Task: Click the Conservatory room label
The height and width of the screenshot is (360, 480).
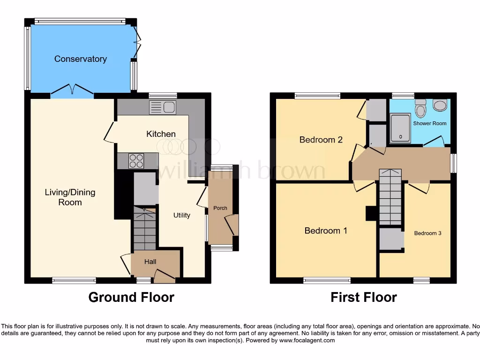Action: tap(80, 59)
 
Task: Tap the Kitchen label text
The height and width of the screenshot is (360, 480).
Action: tap(161, 134)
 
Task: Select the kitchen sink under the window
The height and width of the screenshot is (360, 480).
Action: tap(161, 108)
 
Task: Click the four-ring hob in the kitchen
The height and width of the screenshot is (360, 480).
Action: tap(136, 161)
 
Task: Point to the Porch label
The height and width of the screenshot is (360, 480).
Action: tap(220, 208)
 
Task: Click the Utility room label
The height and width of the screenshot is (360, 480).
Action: tap(182, 215)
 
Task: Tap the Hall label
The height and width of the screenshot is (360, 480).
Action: tap(150, 262)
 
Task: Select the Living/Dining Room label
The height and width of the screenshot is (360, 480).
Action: tap(70, 197)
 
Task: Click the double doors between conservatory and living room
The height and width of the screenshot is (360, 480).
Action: tap(73, 90)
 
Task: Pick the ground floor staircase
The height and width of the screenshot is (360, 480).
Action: tap(144, 230)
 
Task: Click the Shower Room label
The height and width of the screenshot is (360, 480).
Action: tap(429, 123)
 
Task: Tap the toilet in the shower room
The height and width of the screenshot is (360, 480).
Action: tap(420, 110)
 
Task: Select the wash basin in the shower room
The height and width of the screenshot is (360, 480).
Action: tap(440, 105)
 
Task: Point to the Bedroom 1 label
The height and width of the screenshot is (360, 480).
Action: tap(325, 231)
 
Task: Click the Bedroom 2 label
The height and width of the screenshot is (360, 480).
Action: tap(321, 140)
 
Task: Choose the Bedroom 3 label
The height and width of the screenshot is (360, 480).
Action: tap(427, 233)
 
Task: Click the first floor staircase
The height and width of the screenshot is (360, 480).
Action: tap(390, 197)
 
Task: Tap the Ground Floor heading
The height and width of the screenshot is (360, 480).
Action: tap(131, 297)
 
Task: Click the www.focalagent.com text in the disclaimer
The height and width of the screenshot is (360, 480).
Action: tap(307, 340)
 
